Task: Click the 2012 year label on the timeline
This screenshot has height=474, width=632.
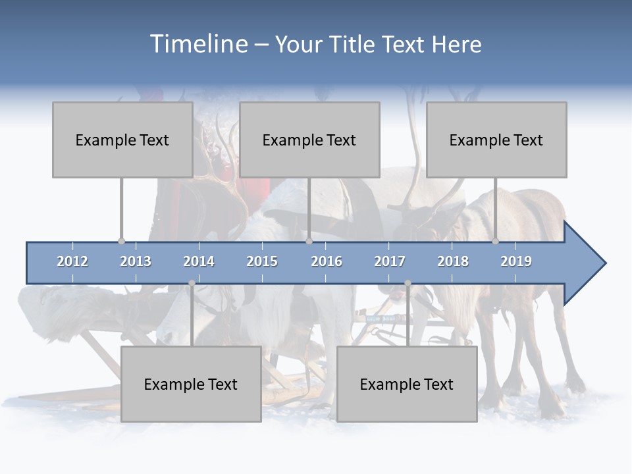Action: (x=72, y=261)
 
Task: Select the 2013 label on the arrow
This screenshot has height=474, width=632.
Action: (x=136, y=261)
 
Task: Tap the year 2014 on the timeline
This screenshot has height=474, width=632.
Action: (x=199, y=261)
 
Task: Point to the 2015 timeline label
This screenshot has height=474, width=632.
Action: (x=262, y=261)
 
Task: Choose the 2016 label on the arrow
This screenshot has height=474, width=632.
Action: (x=327, y=261)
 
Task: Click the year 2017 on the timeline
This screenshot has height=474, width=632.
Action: (x=390, y=261)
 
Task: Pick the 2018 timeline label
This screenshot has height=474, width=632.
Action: (x=453, y=261)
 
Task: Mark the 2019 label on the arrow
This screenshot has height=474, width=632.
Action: (x=516, y=261)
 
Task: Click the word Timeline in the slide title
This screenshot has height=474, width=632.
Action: (x=197, y=44)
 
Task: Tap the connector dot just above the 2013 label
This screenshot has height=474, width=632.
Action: (x=121, y=242)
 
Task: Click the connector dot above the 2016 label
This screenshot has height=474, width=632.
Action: (x=309, y=242)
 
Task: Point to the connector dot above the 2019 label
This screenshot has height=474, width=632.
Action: (x=495, y=242)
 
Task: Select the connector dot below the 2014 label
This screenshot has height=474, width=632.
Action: (x=192, y=283)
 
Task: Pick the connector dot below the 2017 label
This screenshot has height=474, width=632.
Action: (x=408, y=283)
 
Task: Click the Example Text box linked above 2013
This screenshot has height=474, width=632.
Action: (x=122, y=140)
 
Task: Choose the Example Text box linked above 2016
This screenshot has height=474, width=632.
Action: (x=309, y=140)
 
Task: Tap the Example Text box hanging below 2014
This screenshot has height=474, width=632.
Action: (x=191, y=384)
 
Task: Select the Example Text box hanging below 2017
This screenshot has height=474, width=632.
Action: (x=407, y=384)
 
